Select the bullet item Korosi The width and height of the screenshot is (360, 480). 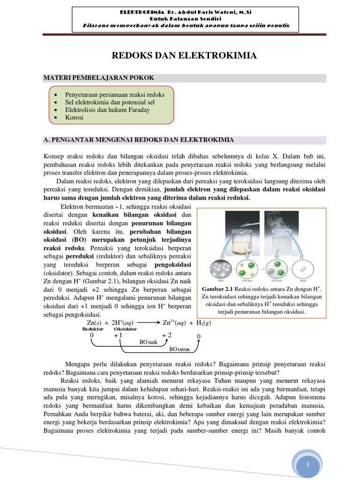point(75,117)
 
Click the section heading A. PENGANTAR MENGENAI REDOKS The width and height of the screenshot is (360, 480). point(138,140)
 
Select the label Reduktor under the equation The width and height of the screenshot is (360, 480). point(93,329)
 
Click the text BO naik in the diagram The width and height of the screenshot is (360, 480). point(149,343)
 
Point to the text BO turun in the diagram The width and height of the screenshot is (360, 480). point(179,349)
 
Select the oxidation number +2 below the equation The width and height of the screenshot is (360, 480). point(167,335)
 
